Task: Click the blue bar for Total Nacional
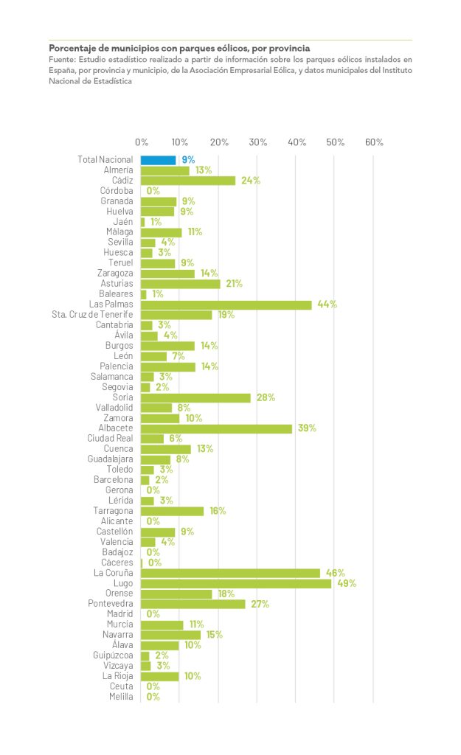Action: coord(159,159)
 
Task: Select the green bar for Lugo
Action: coord(236,583)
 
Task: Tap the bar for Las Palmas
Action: coord(226,305)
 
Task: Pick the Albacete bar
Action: coord(216,428)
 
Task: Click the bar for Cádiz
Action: coord(188,181)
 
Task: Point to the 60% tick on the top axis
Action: coord(374,142)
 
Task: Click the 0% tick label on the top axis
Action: coord(141,142)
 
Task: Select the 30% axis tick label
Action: coord(257,142)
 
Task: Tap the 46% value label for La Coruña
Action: coord(336,573)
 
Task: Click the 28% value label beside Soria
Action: coord(266,397)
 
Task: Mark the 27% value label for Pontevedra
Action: coord(260,604)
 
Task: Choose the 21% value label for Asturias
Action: coord(233,284)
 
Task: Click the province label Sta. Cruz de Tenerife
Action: coord(92,315)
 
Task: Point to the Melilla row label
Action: coord(121,697)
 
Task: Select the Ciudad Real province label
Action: coord(110,439)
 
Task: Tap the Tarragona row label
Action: coord(113,511)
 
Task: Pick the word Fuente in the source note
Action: coord(62,58)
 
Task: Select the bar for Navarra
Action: coord(170,635)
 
